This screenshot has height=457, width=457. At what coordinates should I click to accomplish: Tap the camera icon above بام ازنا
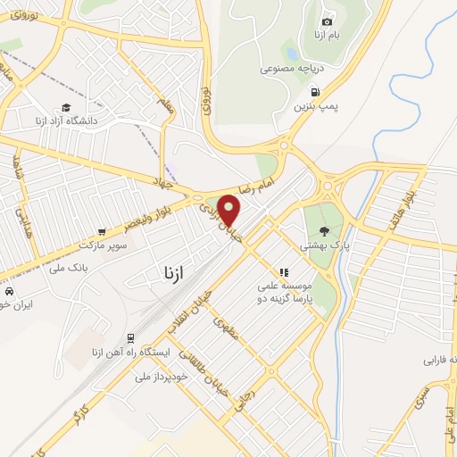click(327, 21)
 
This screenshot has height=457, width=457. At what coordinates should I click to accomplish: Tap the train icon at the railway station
click(131, 337)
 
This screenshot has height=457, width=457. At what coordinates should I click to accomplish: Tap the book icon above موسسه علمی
click(284, 271)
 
